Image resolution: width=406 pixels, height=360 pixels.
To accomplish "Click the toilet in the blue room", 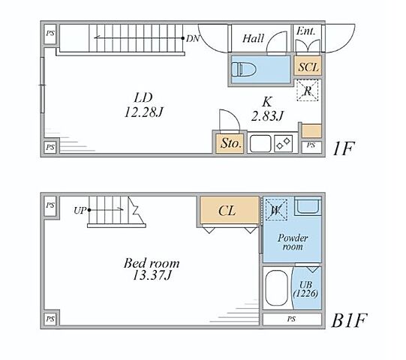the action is click(x=244, y=69).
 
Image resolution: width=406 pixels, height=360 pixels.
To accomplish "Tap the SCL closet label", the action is click(x=308, y=67).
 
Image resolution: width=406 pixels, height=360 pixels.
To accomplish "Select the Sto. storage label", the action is click(x=230, y=142).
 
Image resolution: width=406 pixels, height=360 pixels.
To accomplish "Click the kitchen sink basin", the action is click(x=260, y=143).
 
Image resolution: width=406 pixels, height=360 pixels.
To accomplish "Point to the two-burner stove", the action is click(x=283, y=144).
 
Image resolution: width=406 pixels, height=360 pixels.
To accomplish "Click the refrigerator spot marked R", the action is click(x=308, y=90).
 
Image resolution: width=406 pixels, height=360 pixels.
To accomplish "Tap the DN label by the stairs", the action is click(x=193, y=39).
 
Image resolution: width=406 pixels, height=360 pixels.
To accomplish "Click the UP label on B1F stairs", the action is click(x=80, y=211).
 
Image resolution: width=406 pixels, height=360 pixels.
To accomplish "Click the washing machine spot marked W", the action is click(x=276, y=210).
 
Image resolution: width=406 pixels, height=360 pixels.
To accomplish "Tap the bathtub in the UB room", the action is click(x=276, y=288).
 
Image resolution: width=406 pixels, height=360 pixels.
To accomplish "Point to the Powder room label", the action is click(x=293, y=242).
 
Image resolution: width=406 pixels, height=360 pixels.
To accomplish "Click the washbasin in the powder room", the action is click(x=308, y=206).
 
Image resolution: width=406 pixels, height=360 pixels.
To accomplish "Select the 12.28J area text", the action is click(x=144, y=112).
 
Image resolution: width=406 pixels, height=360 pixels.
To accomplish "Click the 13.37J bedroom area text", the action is click(x=152, y=274).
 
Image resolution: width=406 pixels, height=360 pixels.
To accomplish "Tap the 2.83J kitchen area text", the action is click(x=267, y=115).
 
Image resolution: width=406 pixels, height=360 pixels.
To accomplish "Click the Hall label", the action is click(x=253, y=38).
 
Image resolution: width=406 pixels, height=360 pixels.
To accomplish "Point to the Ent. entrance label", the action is click(x=305, y=31).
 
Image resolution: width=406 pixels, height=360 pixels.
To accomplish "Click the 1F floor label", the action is click(x=344, y=148).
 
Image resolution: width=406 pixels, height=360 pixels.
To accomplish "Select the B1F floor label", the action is click(x=349, y=320).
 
